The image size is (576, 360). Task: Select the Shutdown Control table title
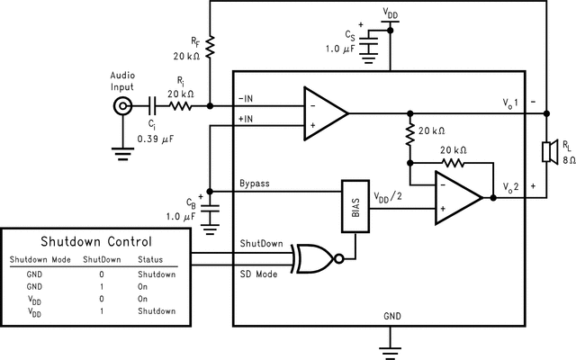[x=97, y=242]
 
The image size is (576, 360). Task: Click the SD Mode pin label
[x=258, y=272]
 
